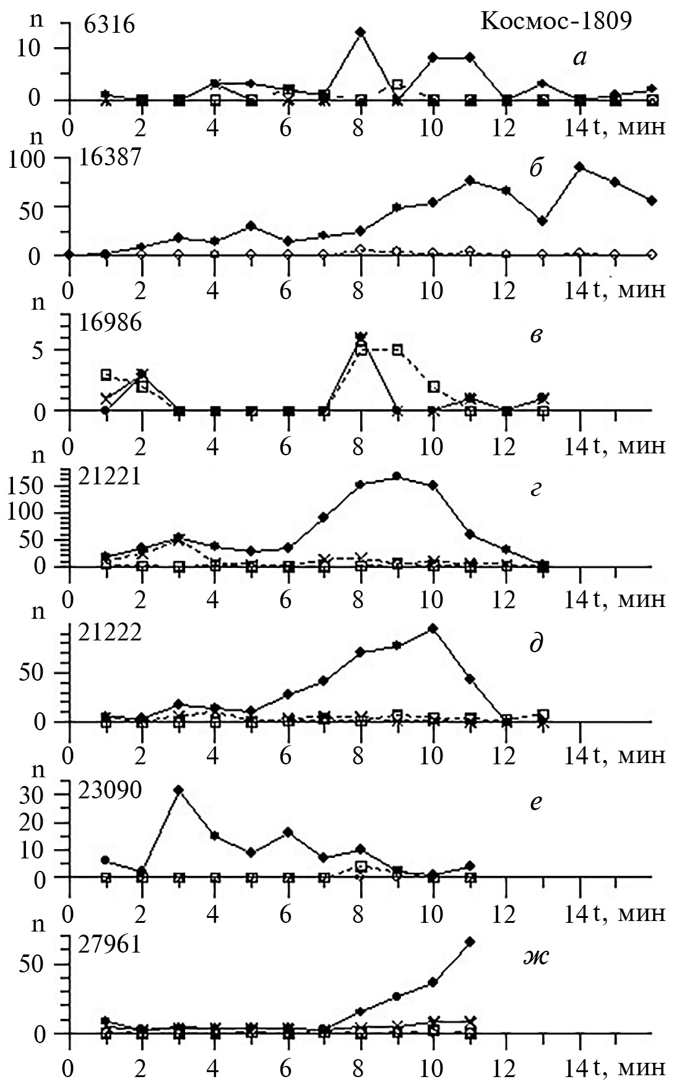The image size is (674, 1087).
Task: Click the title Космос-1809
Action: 556,22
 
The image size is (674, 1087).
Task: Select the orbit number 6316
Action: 110,26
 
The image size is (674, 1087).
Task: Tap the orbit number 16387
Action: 110,158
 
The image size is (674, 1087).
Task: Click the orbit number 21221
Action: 110,478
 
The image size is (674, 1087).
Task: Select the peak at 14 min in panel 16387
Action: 580,167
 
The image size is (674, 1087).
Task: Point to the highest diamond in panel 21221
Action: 397,476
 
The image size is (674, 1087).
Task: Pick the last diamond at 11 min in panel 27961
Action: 470,941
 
